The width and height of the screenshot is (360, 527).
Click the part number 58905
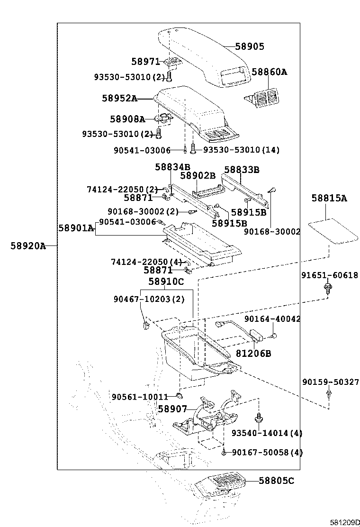[x=250, y=46]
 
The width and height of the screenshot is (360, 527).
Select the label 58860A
[x=269, y=72]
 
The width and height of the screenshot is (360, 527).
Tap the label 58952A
[x=119, y=99]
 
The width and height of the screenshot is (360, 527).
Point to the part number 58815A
[x=329, y=198]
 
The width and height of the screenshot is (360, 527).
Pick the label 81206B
[x=253, y=354]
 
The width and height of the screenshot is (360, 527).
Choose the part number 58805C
[x=277, y=481]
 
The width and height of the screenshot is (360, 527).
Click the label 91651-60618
[x=330, y=275]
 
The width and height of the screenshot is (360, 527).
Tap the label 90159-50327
[x=331, y=382]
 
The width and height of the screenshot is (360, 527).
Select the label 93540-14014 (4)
[x=267, y=433]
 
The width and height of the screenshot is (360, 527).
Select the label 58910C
[x=166, y=282]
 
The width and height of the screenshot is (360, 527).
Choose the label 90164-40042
[x=272, y=319]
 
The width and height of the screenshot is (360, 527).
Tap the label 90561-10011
[x=140, y=397]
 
